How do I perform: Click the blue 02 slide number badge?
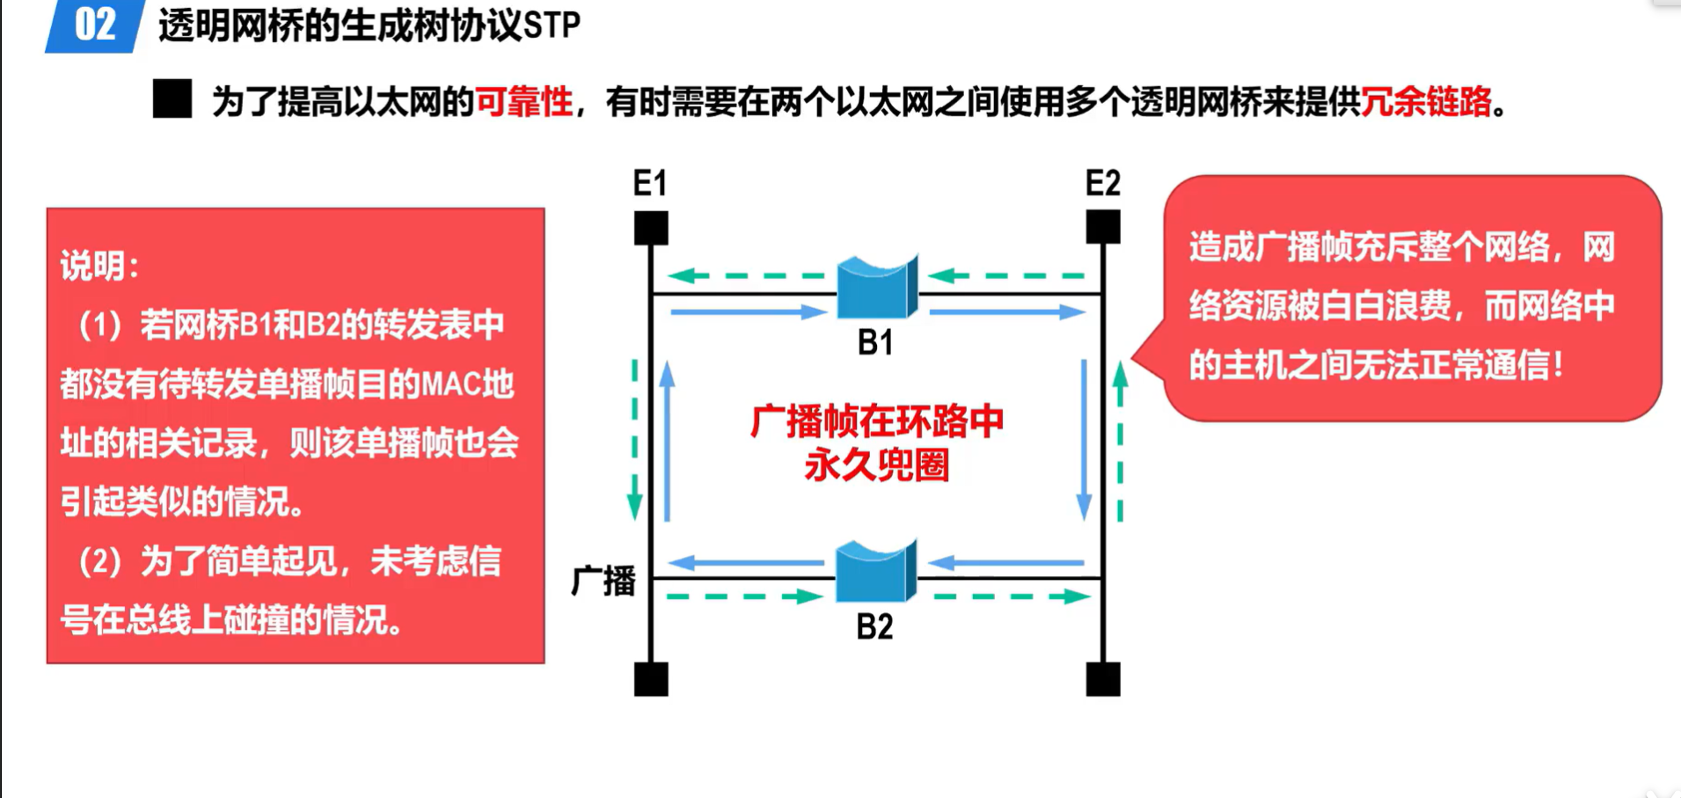click(x=95, y=26)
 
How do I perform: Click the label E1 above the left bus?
click(x=650, y=183)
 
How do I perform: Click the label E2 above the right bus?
click(x=1102, y=183)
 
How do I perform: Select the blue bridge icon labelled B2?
click(x=875, y=572)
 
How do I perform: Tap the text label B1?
click(x=875, y=342)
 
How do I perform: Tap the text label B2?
click(x=874, y=626)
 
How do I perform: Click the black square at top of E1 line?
click(x=651, y=228)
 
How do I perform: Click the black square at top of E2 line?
click(x=1103, y=228)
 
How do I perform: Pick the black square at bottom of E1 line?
click(x=651, y=679)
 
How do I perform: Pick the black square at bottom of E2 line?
click(x=1103, y=679)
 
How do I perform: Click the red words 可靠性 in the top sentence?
click(x=524, y=102)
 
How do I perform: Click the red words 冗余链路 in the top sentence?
click(x=1426, y=102)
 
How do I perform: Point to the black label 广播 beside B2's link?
click(x=603, y=581)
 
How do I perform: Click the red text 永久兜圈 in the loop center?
click(x=876, y=465)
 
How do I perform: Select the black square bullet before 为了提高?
click(x=172, y=99)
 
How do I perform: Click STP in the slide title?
click(x=552, y=26)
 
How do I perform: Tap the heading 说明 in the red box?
click(x=92, y=266)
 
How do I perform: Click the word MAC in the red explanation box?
click(x=450, y=384)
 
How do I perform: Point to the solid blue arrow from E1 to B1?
click(x=748, y=311)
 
